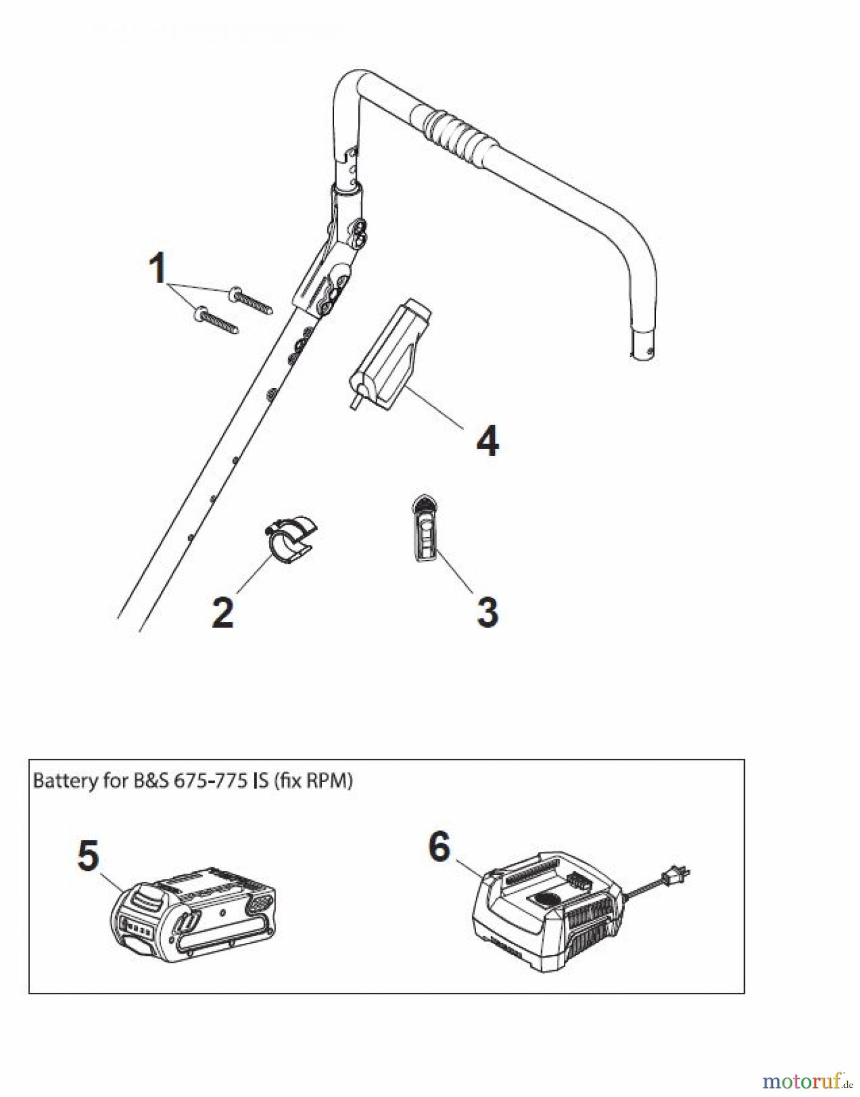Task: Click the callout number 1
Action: click(x=158, y=269)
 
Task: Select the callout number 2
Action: click(x=222, y=612)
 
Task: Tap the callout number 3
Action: click(x=487, y=611)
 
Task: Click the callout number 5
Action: click(x=88, y=855)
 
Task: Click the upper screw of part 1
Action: click(x=251, y=301)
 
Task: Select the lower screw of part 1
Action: click(x=216, y=321)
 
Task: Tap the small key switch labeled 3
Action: click(x=425, y=527)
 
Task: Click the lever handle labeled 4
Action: click(x=390, y=355)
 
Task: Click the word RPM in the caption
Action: click(x=329, y=781)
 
